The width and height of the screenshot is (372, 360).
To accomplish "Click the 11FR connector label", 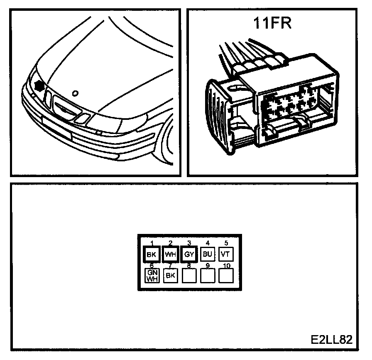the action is click(273, 24).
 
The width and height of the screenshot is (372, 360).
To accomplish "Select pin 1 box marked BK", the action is click(150, 254).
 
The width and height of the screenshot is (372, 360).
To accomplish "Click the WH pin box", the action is click(169, 254).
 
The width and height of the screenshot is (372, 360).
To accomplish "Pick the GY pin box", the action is click(188, 254).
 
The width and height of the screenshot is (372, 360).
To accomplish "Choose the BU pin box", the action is click(207, 254).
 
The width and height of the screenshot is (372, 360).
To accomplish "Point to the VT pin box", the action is click(225, 254).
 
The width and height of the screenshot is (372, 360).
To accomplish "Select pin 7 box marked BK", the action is click(170, 275).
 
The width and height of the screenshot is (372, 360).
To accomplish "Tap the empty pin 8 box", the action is click(188, 275).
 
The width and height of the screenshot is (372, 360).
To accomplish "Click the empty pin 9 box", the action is click(207, 275).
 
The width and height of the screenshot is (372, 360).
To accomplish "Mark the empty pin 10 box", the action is click(225, 275).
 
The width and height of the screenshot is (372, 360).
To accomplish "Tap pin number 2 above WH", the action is click(170, 243).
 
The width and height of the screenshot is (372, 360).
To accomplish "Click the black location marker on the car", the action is click(40, 85).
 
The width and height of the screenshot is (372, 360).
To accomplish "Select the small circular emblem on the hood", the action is click(75, 93).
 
